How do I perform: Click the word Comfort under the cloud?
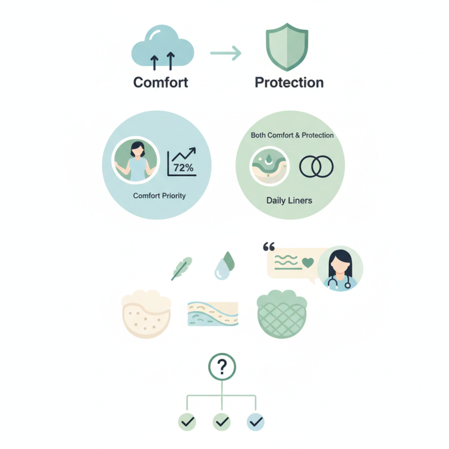(x=161, y=83)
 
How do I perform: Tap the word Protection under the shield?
(x=289, y=83)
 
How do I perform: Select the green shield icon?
(x=287, y=47)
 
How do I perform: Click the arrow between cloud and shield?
(x=226, y=53)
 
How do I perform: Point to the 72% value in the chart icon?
(x=184, y=167)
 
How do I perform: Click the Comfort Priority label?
(x=159, y=195)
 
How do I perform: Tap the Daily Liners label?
(x=289, y=200)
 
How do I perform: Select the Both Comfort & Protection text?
(x=292, y=135)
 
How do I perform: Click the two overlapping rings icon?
(x=317, y=166)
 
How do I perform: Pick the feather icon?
(x=181, y=269)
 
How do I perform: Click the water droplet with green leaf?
(x=224, y=265)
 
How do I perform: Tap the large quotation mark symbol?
(x=269, y=246)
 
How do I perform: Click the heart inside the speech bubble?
(x=308, y=263)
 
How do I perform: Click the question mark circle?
(x=222, y=367)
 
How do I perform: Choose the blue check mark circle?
(x=255, y=422)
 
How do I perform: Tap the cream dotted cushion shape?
(x=146, y=314)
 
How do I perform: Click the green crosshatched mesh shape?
(x=282, y=314)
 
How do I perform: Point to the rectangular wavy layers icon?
(x=213, y=314)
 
